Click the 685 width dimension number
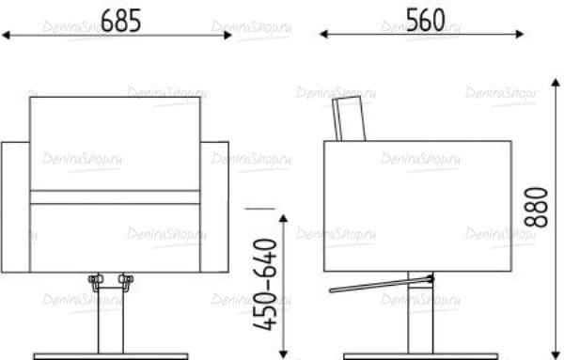pyautogui.click(x=121, y=21)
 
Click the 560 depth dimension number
pyautogui.click(x=426, y=20)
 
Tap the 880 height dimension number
pyautogui.click(x=536, y=207)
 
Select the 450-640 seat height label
pyautogui.click(x=265, y=284)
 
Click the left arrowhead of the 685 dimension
pyautogui.click(x=6, y=35)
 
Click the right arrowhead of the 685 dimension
pyautogui.click(x=228, y=35)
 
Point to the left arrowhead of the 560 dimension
pyautogui.click(x=323, y=34)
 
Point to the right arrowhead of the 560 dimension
pyautogui.click(x=520, y=34)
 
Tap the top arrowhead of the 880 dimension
pyautogui.click(x=556, y=83)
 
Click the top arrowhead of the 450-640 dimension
pyautogui.click(x=284, y=219)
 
